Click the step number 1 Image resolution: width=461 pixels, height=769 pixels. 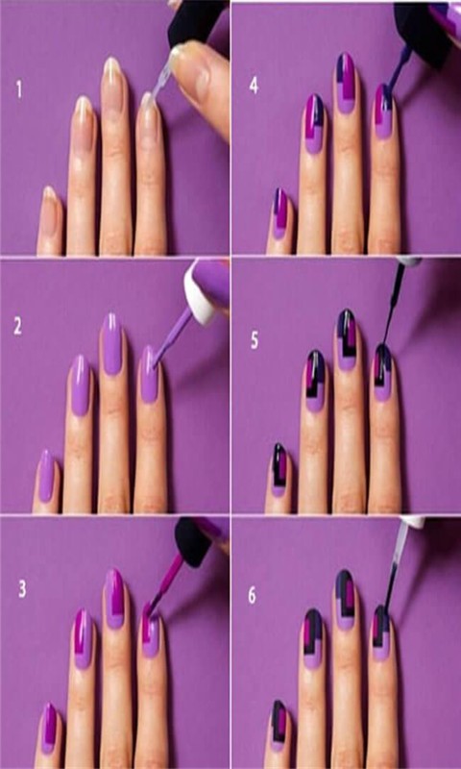(x=19, y=90)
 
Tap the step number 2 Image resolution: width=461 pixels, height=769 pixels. (x=17, y=328)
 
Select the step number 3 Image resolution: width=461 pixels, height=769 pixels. (x=22, y=589)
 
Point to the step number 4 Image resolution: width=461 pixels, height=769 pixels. (x=254, y=86)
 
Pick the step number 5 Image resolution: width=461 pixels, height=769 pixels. (x=255, y=341)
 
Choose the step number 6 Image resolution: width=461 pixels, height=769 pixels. (x=252, y=595)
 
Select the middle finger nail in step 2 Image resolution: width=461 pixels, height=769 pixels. (x=112, y=343)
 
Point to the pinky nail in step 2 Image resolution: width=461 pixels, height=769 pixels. (x=46, y=476)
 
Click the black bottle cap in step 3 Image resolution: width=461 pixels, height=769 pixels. (x=193, y=543)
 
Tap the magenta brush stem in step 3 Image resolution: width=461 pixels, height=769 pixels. (x=168, y=583)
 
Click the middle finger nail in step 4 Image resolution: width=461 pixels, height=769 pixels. (x=347, y=83)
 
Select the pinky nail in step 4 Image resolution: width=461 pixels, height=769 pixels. (x=280, y=213)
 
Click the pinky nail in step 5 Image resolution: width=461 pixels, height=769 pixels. (x=279, y=469)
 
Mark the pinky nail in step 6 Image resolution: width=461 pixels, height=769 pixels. (x=279, y=726)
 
